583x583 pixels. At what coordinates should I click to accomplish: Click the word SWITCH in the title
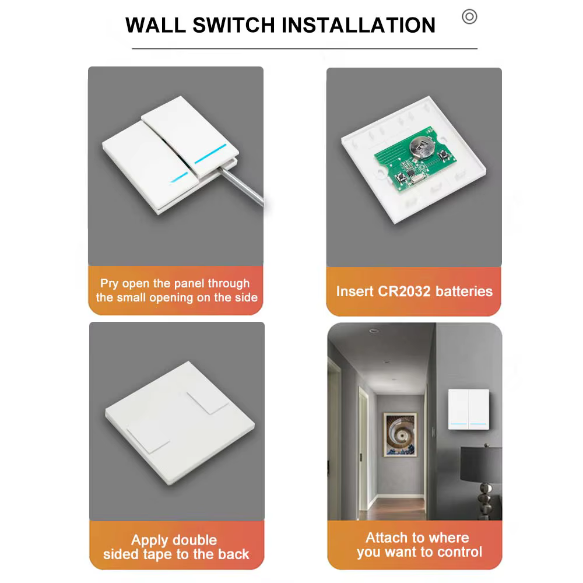[234, 25]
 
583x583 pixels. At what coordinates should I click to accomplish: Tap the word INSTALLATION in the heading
[359, 25]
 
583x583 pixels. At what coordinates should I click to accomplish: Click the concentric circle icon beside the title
[469, 17]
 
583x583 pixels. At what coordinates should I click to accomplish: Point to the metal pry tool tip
[221, 169]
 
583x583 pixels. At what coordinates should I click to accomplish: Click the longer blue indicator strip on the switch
[210, 153]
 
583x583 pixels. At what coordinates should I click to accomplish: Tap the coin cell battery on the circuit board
[422, 147]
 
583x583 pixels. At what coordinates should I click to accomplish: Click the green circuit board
[415, 160]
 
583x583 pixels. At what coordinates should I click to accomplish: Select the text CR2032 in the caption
[404, 291]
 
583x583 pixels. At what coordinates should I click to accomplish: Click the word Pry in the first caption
[110, 284]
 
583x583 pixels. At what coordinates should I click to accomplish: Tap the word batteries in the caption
[464, 291]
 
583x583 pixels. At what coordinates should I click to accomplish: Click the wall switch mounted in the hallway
[469, 409]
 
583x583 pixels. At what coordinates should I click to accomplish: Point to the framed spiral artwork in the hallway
[400, 435]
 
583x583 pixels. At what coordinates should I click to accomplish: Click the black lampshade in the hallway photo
[481, 465]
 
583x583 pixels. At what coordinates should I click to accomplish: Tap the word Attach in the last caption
[387, 538]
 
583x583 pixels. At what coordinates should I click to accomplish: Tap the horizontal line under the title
[304, 48]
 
